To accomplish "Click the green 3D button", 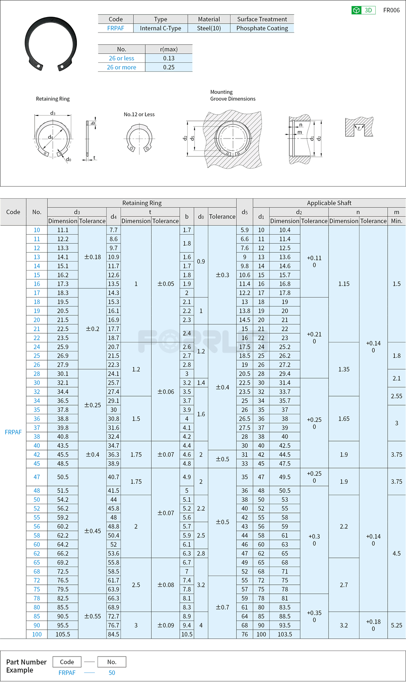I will pos(363,10).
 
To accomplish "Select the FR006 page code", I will pos(391,10).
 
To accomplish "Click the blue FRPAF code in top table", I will pos(115,28).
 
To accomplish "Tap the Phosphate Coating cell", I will pos(262,28).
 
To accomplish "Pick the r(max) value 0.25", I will pos(169,67).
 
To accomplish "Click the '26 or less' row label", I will pos(121,58).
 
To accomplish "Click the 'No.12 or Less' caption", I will pos(139,115).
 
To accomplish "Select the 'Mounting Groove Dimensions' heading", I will pos(232,95).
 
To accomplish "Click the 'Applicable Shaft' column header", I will pos(329,203).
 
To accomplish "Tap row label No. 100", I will pos(37,634).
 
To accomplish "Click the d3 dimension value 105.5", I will pos(63,634).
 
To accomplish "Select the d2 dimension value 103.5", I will pos(285,634).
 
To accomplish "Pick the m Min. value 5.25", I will pos(396,625).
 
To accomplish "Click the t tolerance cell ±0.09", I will pos(165,625).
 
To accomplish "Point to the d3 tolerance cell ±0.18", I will pos(92,257).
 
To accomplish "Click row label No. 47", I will pos(37,477).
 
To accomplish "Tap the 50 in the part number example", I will pos(112,673).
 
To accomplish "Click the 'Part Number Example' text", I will pos(26,666).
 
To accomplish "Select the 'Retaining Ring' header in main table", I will pos(142,203).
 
